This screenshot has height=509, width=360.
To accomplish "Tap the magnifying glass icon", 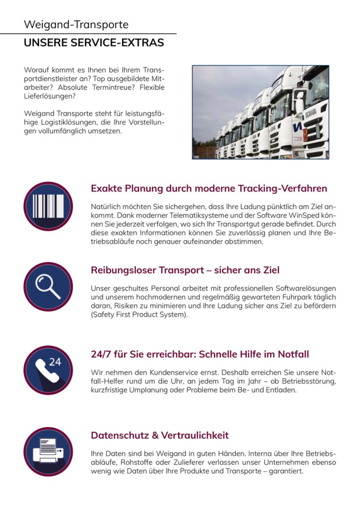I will [48, 286].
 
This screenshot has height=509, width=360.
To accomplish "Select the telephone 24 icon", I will [48, 370].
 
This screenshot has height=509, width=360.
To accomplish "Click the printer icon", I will [48, 451].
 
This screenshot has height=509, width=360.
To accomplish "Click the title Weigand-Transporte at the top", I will [76, 25].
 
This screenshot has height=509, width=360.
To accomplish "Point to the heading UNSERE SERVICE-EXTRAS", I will [94, 43].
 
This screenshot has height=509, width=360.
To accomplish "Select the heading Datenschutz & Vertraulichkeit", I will [160, 435].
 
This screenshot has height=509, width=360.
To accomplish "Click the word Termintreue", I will [113, 88].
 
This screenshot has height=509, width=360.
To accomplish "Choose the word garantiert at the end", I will [286, 471].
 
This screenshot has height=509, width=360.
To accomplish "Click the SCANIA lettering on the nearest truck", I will [310, 115].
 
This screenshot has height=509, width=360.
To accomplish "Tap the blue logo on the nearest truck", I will [297, 127].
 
